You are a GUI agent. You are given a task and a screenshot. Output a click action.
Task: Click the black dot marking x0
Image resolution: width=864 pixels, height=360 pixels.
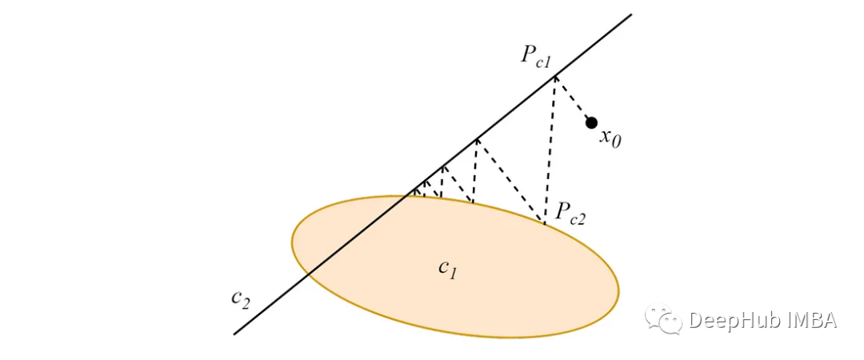pos(591,122)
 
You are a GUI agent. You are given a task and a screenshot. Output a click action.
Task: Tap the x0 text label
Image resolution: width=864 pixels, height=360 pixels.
pos(610,138)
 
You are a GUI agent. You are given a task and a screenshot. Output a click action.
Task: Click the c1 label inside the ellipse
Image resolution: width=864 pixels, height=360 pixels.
pos(447,270)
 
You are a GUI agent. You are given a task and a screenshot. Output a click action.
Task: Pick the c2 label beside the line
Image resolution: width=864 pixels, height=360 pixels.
pos(241,299)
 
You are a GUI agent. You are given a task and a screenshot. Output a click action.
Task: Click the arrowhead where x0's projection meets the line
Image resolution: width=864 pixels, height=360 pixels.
pos(555,77)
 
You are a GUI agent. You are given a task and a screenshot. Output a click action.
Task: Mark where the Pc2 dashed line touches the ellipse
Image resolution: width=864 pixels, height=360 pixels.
pos(545,223)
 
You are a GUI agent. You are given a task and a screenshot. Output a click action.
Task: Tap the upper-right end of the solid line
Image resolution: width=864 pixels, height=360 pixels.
pos(631,14)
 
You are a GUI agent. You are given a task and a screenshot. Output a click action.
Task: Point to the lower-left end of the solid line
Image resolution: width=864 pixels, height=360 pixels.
pos(234,334)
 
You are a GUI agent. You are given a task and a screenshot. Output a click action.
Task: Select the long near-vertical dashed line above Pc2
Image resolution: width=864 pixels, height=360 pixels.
pos(550,150)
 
